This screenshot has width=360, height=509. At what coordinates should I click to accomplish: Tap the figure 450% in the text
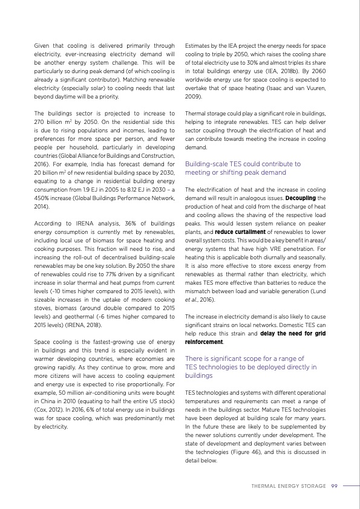[44, 197]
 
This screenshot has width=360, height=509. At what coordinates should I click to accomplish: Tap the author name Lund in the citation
[318, 290]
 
